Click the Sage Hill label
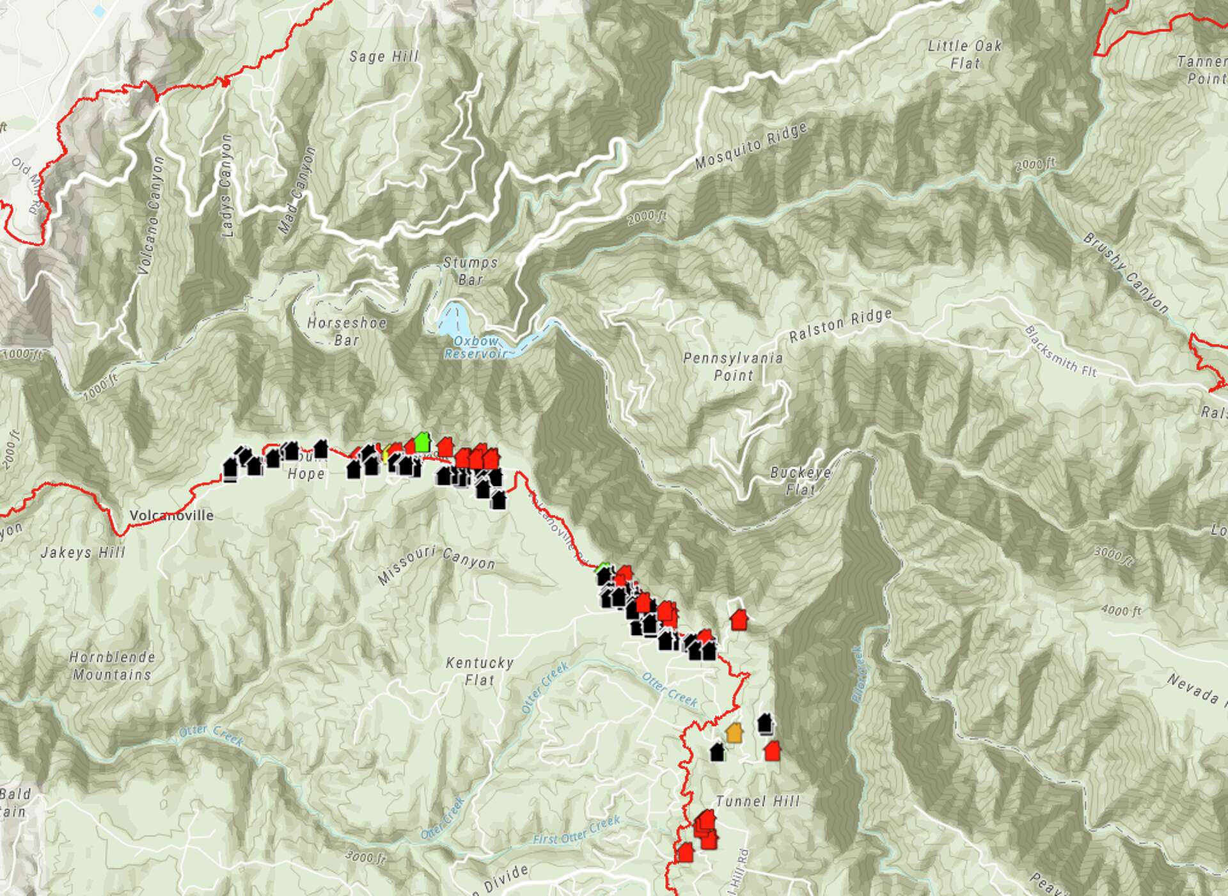(384, 57)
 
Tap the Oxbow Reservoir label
(476, 347)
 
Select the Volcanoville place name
(171, 515)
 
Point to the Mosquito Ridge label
(751, 146)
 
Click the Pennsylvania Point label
(733, 366)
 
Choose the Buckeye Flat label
(801, 481)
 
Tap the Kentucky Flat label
(480, 671)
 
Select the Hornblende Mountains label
(112, 666)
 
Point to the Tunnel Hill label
(758, 801)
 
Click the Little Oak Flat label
(964, 54)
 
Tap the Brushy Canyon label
(1126, 272)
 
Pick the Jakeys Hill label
(83, 553)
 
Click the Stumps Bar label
(471, 271)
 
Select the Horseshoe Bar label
(347, 331)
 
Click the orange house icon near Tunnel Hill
(734, 733)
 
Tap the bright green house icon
(421, 442)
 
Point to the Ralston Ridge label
(840, 326)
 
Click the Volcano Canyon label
(152, 216)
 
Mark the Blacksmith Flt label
(1060, 351)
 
